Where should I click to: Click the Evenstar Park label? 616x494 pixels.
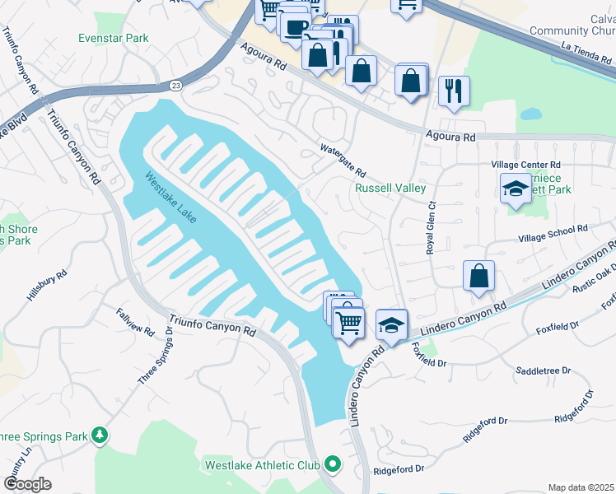[114, 38]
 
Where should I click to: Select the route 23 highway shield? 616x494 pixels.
[176, 85]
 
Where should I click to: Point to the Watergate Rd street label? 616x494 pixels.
[343, 161]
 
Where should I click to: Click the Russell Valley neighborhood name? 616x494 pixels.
[390, 188]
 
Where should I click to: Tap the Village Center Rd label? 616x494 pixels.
[525, 165]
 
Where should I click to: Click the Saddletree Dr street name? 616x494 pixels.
[543, 371]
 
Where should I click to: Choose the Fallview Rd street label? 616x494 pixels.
[135, 321]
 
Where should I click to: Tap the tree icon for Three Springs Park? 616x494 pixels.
[100, 433]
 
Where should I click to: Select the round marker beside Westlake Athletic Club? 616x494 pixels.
[333, 465]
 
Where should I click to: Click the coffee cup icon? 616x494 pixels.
[295, 27]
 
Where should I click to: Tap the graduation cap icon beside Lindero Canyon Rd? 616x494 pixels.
[392, 324]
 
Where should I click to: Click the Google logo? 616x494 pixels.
[28, 484]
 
